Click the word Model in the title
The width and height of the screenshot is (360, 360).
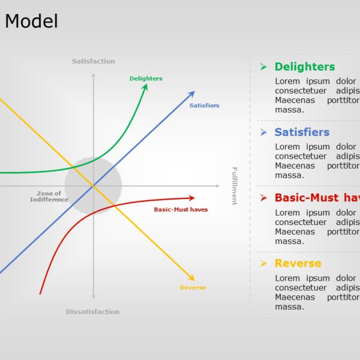point(31,21)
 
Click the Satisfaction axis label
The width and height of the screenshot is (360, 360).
point(93,61)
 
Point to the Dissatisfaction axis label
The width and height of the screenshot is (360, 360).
point(93,312)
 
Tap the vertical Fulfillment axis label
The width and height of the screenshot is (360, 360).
point(235,186)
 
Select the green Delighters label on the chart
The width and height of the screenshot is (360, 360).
point(146,79)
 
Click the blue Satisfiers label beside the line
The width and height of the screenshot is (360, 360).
point(204,106)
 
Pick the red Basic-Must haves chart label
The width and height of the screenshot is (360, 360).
point(181,210)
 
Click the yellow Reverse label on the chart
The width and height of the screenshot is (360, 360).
point(193,287)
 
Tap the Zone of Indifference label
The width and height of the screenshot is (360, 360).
point(49,197)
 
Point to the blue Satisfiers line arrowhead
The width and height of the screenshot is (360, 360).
point(192,93)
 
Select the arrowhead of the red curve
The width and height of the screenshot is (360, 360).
point(192,197)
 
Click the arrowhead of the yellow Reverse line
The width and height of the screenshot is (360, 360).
point(192,278)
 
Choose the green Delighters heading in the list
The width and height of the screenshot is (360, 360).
point(304,67)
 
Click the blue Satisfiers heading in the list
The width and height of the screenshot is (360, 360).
point(302,132)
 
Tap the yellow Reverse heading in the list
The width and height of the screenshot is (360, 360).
point(298,263)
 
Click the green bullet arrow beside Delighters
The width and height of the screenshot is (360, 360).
point(263,67)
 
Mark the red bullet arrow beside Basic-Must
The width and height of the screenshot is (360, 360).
point(263,198)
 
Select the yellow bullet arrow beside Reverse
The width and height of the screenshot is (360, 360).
point(263,263)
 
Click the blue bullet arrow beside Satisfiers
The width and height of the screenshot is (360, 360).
point(263,132)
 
